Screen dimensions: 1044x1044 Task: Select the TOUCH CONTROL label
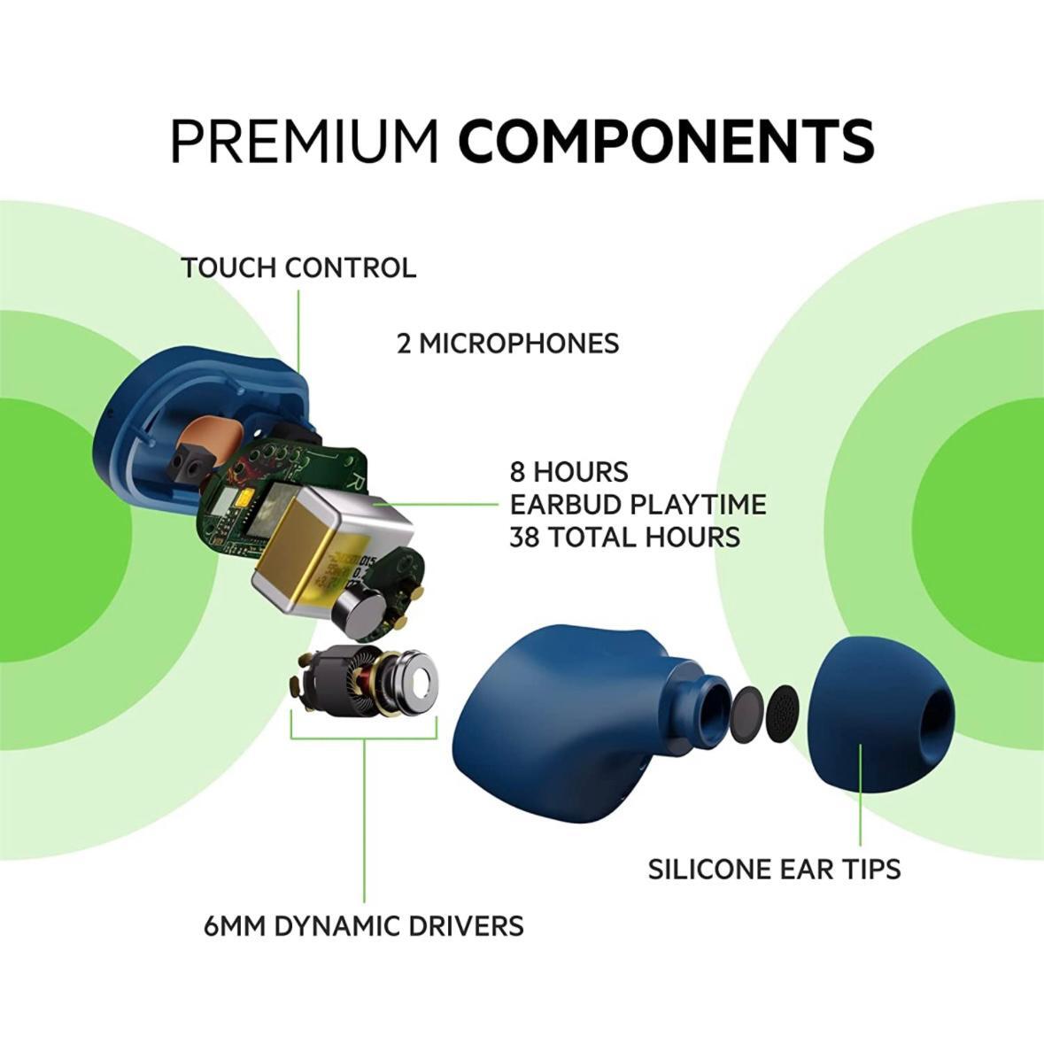[x=298, y=267]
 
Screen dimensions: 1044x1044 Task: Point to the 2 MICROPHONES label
[x=508, y=344]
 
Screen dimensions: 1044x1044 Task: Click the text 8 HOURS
[x=569, y=472]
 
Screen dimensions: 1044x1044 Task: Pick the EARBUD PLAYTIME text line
[x=638, y=505]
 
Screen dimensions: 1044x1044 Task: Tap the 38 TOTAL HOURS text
[x=624, y=537]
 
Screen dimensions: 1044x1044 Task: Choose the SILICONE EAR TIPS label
[x=774, y=870]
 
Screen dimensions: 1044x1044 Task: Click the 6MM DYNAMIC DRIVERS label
[x=364, y=926]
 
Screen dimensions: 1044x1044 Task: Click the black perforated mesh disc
[x=785, y=713]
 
